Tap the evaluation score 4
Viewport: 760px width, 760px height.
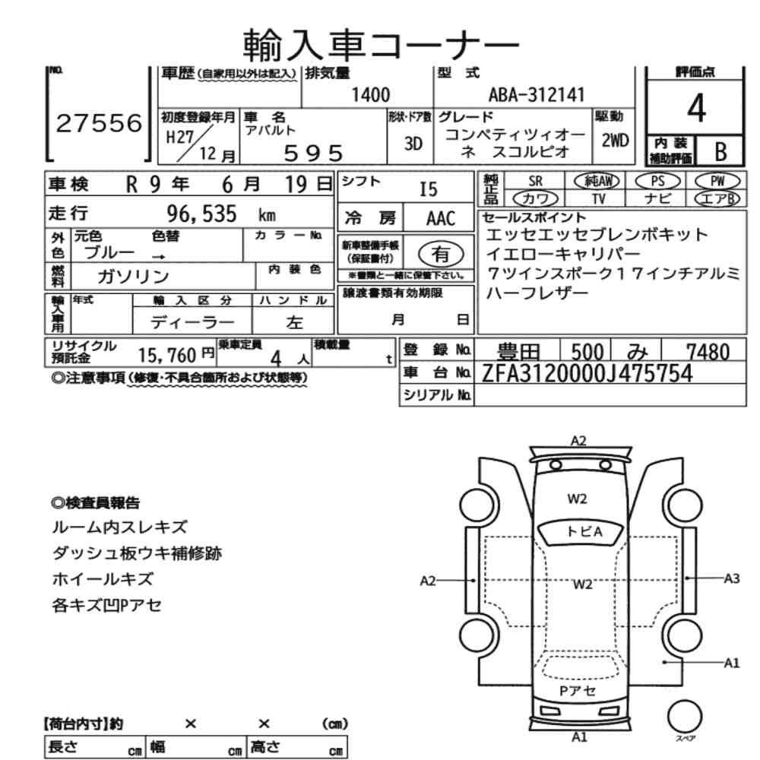click(x=695, y=109)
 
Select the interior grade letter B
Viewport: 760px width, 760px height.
click(x=718, y=152)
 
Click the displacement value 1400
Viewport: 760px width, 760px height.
click(x=371, y=95)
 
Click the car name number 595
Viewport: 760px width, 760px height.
click(x=313, y=153)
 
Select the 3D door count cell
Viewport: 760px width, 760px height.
click(x=413, y=143)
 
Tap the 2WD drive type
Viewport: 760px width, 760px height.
click(x=613, y=141)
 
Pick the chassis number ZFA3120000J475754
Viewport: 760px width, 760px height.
click(x=587, y=373)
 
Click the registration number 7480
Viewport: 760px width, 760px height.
click(x=708, y=351)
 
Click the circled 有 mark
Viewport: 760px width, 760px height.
click(x=440, y=252)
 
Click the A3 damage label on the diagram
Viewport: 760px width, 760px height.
click(x=731, y=578)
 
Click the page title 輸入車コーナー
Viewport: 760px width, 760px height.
click(x=382, y=44)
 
